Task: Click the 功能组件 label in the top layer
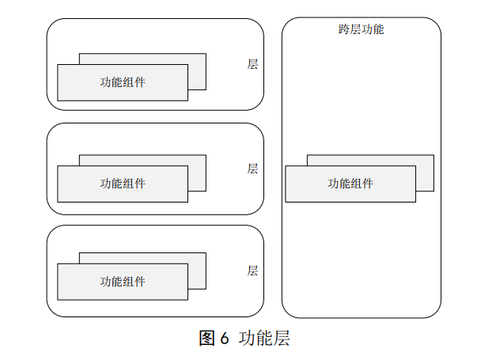123,82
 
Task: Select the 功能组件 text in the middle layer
123,184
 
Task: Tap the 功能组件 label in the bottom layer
123,282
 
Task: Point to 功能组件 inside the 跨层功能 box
350,184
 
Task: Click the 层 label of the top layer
252,64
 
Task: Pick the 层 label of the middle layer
252,169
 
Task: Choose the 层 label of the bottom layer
252,271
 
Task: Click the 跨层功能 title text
361,30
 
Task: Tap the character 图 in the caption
207,339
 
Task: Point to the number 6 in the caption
225,339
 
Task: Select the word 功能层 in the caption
264,339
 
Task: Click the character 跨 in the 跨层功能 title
343,30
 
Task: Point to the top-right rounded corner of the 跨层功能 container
435,24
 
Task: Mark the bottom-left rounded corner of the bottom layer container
52,312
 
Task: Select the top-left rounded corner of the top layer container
53,25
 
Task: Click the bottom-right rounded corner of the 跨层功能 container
435,312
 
